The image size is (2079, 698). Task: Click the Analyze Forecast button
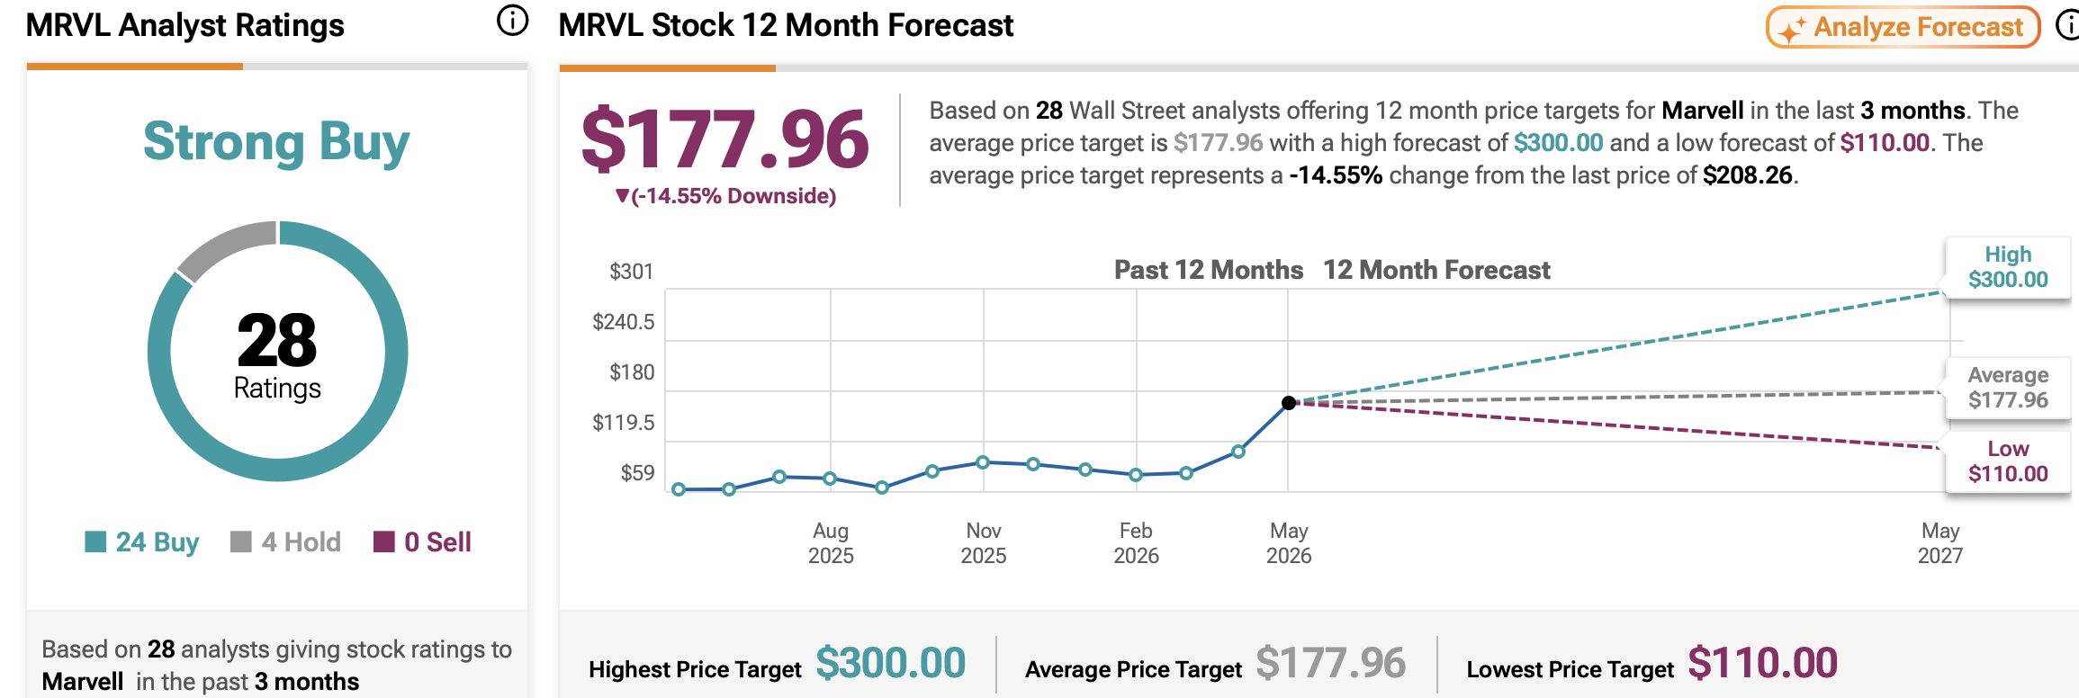coord(1903,27)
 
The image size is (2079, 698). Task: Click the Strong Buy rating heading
coord(276,142)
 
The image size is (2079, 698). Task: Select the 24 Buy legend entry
coord(142,541)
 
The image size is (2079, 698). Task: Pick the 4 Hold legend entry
coord(286,541)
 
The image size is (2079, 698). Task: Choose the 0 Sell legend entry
coord(423,541)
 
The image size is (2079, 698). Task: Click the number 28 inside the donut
coord(277,340)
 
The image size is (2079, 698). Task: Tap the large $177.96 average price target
coord(725,139)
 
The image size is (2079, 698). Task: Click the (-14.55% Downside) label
coord(725,196)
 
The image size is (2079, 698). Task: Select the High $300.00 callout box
coord(2008,267)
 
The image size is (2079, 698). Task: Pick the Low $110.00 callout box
coord(2008,461)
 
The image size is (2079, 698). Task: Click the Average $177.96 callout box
coord(2008,388)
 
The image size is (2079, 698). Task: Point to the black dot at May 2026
coord(1289,403)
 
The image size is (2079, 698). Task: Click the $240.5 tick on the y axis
coord(624,322)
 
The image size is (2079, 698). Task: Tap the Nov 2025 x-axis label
coord(984,543)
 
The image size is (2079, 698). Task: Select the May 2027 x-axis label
coord(1940,543)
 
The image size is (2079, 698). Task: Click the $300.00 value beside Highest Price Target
coord(891,664)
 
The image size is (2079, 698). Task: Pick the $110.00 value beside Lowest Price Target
coord(1763,664)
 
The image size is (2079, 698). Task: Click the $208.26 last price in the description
coord(1748,174)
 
